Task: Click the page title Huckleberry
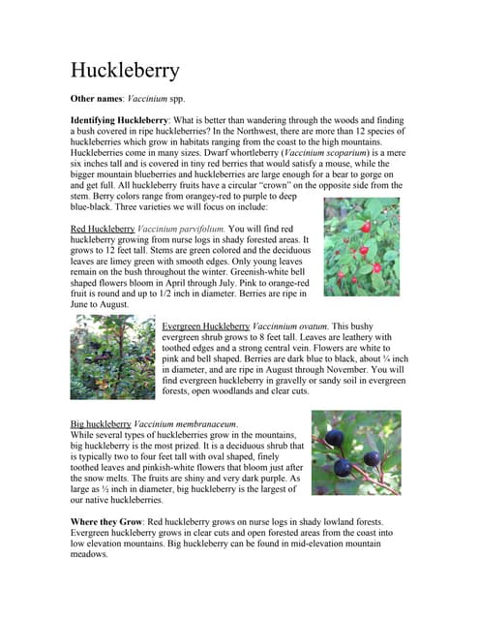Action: coord(125,71)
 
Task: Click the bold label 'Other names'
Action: coord(97,100)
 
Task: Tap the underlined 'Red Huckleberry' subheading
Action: coord(103,228)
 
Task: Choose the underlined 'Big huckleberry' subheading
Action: coord(101,424)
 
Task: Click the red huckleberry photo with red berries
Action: coord(360,247)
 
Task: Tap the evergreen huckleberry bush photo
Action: coord(111,356)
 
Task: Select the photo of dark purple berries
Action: coord(355,451)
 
